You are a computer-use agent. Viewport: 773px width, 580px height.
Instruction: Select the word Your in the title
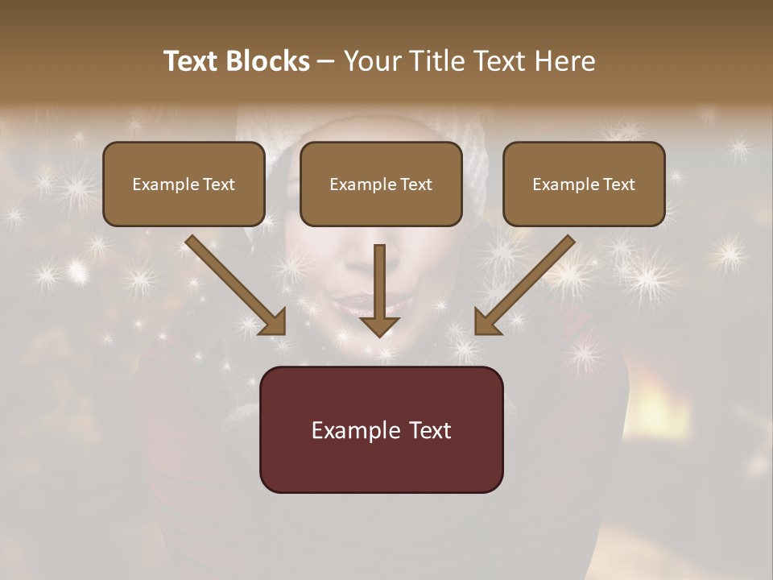pyautogui.click(x=371, y=61)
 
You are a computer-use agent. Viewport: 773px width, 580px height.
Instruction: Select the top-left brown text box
pyautogui.click(x=184, y=205)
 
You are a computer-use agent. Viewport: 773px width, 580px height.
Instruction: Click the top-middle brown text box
pyautogui.click(x=381, y=205)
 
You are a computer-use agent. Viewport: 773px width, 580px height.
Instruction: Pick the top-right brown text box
pyautogui.click(x=584, y=205)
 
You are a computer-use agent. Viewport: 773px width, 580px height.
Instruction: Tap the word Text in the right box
pyautogui.click(x=618, y=184)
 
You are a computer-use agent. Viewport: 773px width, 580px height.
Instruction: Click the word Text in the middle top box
pyautogui.click(x=415, y=184)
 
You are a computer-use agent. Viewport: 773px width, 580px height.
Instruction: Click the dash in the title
pyautogui.click(x=325, y=61)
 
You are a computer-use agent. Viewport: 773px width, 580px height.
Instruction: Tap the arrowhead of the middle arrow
pyautogui.click(x=379, y=325)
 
